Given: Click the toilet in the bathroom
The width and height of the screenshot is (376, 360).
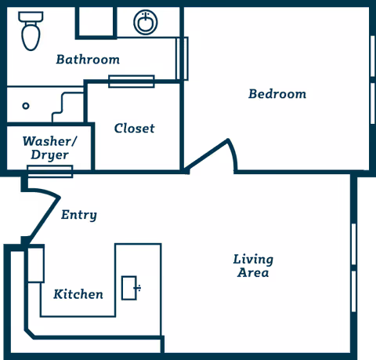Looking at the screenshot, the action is (31, 31).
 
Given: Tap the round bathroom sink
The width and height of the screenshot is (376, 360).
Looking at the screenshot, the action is (146, 22).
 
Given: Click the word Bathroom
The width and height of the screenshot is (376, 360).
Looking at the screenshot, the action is (88, 60).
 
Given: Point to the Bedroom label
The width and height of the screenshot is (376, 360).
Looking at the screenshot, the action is (277, 94).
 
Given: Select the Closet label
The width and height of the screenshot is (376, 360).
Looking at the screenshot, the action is (135, 129).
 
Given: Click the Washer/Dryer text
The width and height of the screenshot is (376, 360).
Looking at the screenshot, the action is (49, 148).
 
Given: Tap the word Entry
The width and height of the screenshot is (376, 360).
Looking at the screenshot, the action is (79, 215).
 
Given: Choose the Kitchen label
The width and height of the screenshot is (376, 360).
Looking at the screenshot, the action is (78, 294).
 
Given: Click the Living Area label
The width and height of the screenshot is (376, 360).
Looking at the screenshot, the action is (253, 266).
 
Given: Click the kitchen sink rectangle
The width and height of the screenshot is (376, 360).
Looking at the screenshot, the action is (129, 288).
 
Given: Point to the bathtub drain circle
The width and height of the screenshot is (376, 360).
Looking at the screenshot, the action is (26, 106).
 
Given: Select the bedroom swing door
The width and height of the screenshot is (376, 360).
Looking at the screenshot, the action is (211, 155).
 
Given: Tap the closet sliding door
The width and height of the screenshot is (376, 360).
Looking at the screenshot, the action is (132, 82).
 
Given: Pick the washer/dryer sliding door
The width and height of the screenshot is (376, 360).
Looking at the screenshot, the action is (50, 172).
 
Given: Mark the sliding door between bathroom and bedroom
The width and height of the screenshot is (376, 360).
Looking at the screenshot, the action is (182, 59).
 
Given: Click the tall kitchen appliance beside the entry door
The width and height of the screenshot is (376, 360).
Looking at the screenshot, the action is (36, 264).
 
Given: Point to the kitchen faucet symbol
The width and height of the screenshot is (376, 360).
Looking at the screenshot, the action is (138, 288).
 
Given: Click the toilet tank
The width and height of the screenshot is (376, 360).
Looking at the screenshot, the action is (31, 16).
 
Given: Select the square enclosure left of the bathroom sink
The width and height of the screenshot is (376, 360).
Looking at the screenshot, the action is (96, 23).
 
